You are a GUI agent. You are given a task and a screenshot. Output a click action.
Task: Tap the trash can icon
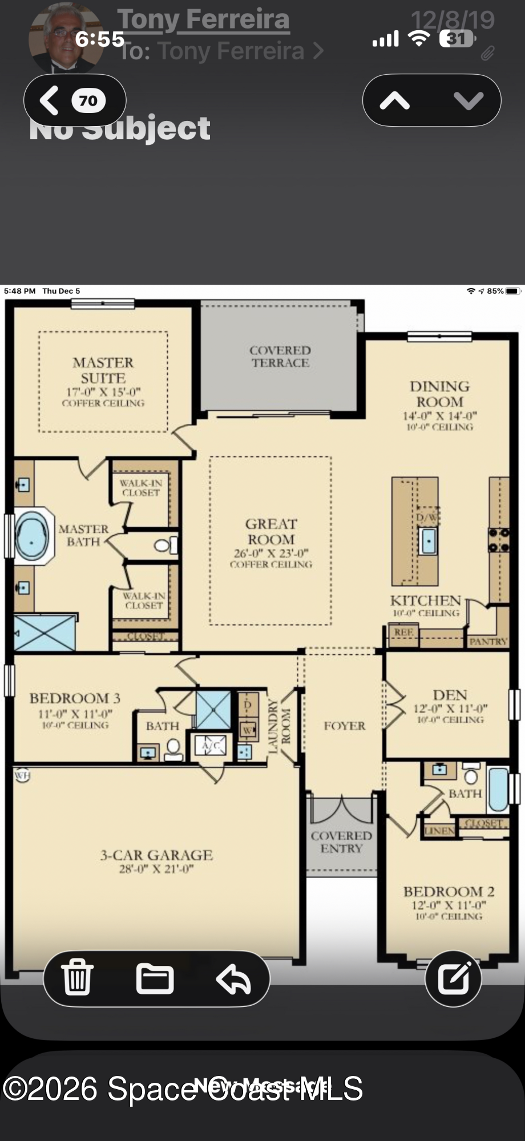click(77, 978)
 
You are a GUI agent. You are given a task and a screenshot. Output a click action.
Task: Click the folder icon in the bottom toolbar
click(155, 978)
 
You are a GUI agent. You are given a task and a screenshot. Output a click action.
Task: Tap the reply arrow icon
click(233, 979)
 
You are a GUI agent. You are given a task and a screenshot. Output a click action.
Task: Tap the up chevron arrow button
click(395, 101)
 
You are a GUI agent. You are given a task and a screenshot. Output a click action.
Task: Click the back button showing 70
click(74, 100)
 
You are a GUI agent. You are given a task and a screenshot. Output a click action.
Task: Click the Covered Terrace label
click(280, 357)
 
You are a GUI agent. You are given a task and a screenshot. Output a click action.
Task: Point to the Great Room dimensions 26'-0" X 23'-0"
click(271, 553)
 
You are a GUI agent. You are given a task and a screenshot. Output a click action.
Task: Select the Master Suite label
click(103, 370)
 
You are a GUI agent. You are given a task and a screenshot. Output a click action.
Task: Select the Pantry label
click(488, 641)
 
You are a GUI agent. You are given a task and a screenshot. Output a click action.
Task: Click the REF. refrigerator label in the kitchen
click(403, 632)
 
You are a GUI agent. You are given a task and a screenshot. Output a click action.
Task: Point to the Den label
click(450, 695)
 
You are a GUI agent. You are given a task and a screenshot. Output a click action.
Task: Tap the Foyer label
click(344, 726)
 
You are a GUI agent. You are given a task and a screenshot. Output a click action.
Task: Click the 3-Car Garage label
click(156, 855)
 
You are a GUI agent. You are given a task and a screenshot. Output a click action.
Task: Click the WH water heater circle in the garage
click(22, 775)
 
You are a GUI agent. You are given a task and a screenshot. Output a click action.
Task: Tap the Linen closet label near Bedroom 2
click(439, 831)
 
